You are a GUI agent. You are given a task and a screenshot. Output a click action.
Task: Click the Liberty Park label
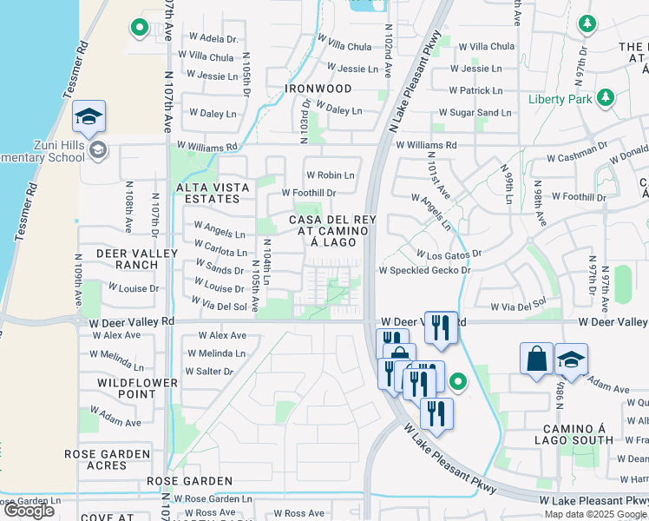pyautogui.click(x=560, y=99)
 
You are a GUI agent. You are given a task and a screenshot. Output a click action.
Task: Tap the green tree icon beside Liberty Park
pyautogui.click(x=606, y=98)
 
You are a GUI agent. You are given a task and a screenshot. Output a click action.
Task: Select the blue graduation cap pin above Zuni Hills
pyautogui.click(x=88, y=116)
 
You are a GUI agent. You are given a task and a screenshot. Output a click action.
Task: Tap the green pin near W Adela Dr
pyautogui.click(x=139, y=29)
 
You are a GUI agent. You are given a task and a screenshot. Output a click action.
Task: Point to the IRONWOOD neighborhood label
pyautogui.click(x=321, y=89)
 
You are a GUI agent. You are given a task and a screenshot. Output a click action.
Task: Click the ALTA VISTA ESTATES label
pyautogui.click(x=213, y=193)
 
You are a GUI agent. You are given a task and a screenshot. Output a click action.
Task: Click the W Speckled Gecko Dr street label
pyautogui.click(x=424, y=270)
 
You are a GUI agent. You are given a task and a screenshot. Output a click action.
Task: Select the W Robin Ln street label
pyautogui.click(x=330, y=175)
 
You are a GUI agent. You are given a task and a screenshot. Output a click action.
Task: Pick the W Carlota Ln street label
pyautogui.click(x=220, y=252)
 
